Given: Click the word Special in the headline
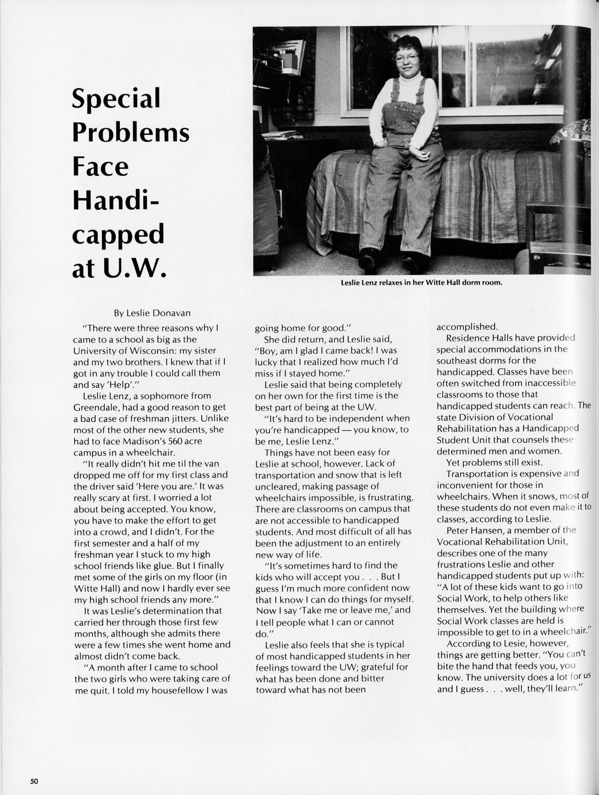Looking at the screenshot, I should point(115,99).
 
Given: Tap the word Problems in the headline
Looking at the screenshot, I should point(131,132).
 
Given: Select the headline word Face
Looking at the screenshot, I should point(100,166).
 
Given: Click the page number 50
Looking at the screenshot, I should point(35,781).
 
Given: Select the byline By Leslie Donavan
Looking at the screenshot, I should point(151,313).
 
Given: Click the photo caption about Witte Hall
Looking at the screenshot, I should point(422,283).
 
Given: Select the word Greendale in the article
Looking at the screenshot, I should point(97,407).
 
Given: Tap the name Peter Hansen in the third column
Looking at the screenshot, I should point(475,530).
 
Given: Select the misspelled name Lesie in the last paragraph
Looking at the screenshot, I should point(514,643).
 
